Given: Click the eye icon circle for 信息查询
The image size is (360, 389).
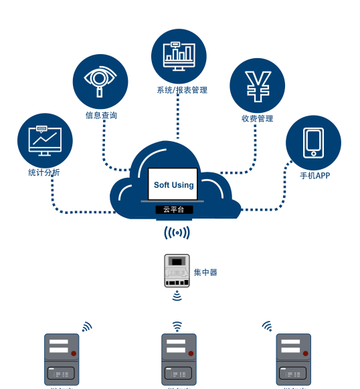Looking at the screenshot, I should tap(100, 81).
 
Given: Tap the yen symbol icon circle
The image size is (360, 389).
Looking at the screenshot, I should tap(257, 86).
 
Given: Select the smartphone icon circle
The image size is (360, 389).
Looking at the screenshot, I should tap(313, 142).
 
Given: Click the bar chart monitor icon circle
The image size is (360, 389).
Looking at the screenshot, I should tap(179, 56).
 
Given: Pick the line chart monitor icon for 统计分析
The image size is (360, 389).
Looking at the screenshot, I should tap(45, 140).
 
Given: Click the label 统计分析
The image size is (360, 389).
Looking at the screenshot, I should tap(44, 172).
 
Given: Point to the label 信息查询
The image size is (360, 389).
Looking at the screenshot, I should tap(101, 116).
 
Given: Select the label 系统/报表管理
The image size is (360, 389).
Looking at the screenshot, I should tap(182, 90).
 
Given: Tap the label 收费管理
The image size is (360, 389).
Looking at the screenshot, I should tap(258, 119).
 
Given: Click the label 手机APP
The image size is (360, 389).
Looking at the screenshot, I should tap(314, 176).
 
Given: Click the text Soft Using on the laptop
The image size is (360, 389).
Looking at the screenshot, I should tap(173, 185).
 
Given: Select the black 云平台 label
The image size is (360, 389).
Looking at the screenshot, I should tap(174, 209).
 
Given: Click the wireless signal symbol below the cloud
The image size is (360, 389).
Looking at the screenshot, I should tap(177, 233).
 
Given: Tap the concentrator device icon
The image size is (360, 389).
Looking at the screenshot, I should tap(177, 271).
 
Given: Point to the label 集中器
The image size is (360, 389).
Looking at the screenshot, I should tap(205, 273).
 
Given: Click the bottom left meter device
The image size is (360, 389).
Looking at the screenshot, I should tap(62, 359).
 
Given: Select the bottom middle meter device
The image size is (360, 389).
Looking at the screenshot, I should tap(179, 359).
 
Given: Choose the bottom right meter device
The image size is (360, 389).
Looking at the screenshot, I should tap(294, 359).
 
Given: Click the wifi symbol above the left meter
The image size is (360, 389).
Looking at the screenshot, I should tap(86, 327).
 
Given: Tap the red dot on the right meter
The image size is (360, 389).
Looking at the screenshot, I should tap(306, 354).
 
